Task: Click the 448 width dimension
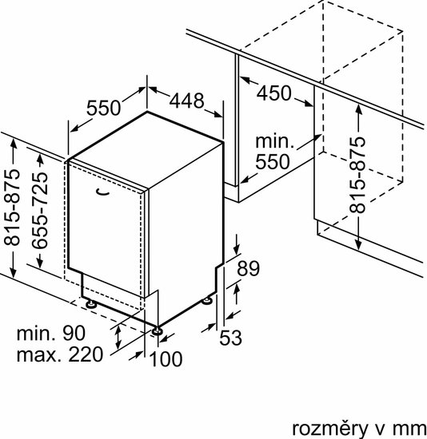tap(186, 101)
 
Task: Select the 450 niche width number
tap(274, 93)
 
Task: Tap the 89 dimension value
tap(249, 268)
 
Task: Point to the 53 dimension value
tap(230, 338)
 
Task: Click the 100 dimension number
tap(166, 359)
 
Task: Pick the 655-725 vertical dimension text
tap(39, 210)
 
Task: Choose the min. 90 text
tap(51, 333)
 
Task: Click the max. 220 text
tap(60, 354)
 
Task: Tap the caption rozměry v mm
tap(359, 429)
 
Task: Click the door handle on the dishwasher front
tap(102, 192)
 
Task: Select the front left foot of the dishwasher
tap(90, 303)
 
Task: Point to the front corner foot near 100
tap(157, 330)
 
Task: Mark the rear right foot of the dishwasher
tap(208, 301)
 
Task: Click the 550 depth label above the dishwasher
tap(103, 108)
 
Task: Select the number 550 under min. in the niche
tap(273, 162)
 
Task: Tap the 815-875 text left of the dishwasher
tap(12, 208)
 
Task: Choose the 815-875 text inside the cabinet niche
tap(357, 175)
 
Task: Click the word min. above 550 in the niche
tap(274, 141)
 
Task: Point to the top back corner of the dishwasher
tap(147, 112)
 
